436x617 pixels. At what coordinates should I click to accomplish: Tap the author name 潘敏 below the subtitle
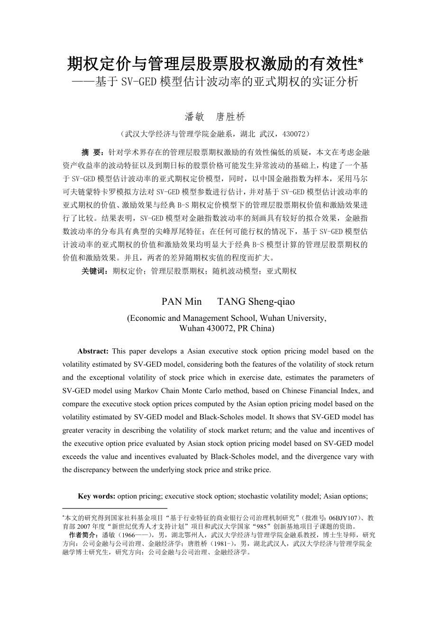194,117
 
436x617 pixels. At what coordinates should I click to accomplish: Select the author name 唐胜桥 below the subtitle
231,117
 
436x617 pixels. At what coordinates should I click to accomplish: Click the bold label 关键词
94,271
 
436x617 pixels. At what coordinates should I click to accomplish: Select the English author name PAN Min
182,302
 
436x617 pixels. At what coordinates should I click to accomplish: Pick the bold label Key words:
97,496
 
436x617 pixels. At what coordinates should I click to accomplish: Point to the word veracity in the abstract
95,430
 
